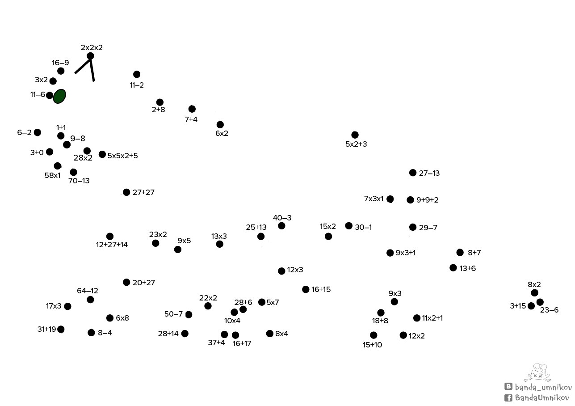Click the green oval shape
(x=59, y=97)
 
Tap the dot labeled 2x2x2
(x=90, y=56)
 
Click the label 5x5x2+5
(x=122, y=156)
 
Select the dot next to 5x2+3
(x=355, y=135)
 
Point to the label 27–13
(x=429, y=173)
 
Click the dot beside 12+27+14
(x=110, y=237)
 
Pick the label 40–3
(x=282, y=218)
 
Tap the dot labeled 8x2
(x=534, y=293)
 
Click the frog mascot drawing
(x=537, y=372)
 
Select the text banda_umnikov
(x=543, y=387)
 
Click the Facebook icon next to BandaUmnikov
(x=508, y=398)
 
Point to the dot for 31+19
(x=61, y=329)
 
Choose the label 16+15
(x=321, y=290)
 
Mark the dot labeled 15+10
(x=374, y=335)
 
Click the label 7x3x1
(x=374, y=199)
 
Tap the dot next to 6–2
(x=38, y=133)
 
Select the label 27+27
(x=143, y=192)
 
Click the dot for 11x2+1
(x=417, y=318)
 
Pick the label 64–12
(x=88, y=291)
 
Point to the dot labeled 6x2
(x=220, y=125)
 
